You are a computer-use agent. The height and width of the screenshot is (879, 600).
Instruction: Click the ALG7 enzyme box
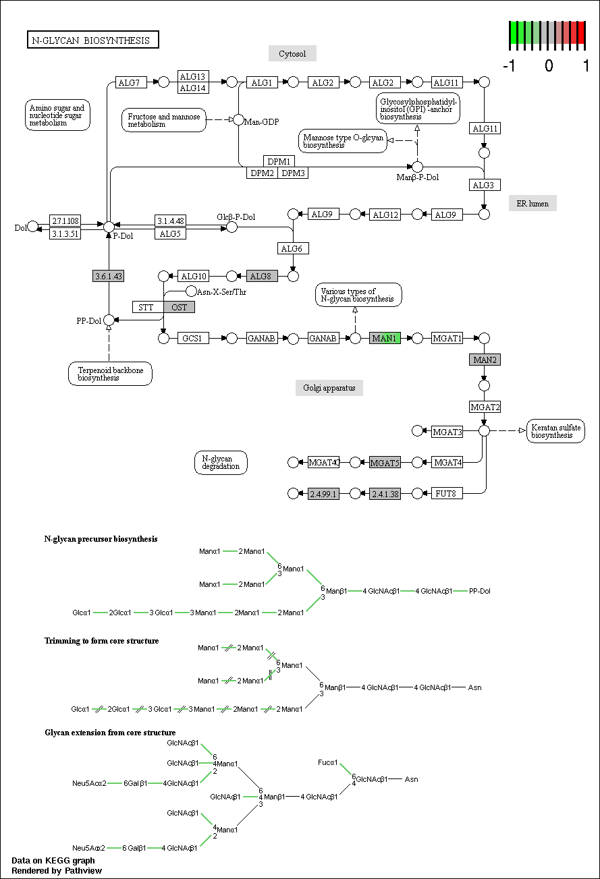point(131,82)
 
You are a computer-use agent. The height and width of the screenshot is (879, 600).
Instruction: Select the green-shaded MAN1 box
point(385,338)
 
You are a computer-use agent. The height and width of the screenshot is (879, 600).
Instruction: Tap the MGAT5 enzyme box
point(385,463)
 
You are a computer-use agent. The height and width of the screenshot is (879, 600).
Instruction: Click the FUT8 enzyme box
point(447,493)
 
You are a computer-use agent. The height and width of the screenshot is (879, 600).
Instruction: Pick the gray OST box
point(179,307)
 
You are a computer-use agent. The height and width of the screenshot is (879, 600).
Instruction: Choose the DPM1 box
point(279,161)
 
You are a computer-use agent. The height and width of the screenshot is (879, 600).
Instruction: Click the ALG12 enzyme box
point(385,215)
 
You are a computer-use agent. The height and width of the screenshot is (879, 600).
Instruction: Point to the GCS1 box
point(193,338)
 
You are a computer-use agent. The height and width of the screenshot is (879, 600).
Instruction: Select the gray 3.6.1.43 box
point(109,276)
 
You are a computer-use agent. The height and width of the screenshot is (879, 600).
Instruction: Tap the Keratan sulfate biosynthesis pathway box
point(555,431)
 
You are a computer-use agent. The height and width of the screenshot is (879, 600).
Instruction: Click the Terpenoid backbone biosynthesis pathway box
point(110,374)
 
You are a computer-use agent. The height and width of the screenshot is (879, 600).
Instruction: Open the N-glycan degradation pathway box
point(221,462)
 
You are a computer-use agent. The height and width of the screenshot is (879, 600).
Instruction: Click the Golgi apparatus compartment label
point(329,388)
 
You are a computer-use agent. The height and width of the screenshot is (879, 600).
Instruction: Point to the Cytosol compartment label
point(292,53)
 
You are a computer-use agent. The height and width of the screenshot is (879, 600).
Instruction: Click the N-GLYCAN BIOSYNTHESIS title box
point(93,40)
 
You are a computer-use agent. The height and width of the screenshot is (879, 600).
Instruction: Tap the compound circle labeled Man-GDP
point(238,119)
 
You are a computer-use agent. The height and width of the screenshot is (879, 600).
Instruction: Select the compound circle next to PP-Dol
point(109,320)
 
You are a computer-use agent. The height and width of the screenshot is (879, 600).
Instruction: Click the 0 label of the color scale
point(549,65)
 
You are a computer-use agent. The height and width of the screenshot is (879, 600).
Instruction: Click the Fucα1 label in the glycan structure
point(327,762)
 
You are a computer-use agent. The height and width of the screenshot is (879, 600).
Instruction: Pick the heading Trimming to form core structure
point(101,640)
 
